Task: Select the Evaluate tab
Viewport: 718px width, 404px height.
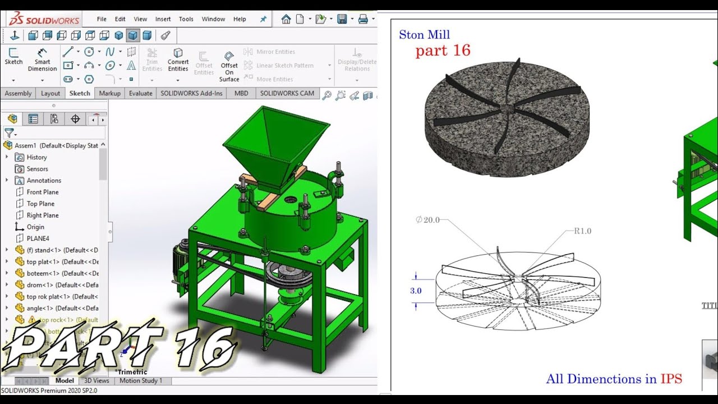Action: tap(140, 93)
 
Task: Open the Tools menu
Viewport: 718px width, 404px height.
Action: tap(186, 19)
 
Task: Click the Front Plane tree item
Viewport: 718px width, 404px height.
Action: tap(42, 192)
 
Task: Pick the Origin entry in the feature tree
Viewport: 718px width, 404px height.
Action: tap(35, 227)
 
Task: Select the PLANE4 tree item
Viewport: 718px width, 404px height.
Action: tap(38, 238)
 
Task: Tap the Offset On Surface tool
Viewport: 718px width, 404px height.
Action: tap(229, 66)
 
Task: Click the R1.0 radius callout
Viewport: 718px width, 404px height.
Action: tap(582, 231)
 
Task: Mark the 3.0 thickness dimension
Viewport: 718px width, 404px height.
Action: tap(415, 291)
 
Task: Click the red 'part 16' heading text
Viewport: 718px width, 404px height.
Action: tap(443, 50)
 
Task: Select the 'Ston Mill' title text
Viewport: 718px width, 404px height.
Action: tap(424, 35)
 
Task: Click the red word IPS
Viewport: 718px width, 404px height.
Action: tap(671, 379)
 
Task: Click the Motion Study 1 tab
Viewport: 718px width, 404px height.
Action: tap(140, 380)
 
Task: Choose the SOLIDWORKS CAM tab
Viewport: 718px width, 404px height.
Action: tap(287, 93)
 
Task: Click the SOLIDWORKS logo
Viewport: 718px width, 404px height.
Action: tap(44, 19)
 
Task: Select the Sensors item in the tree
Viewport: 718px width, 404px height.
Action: tap(37, 169)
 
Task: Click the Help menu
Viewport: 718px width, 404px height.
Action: tap(240, 19)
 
